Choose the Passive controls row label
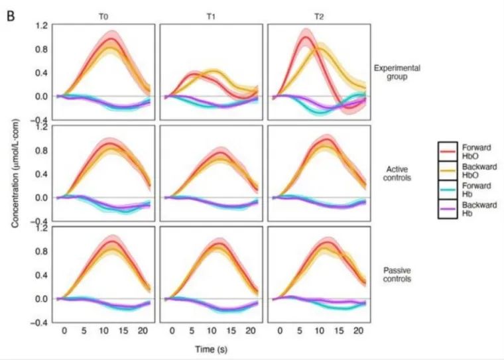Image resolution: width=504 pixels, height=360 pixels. pos(397,274)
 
